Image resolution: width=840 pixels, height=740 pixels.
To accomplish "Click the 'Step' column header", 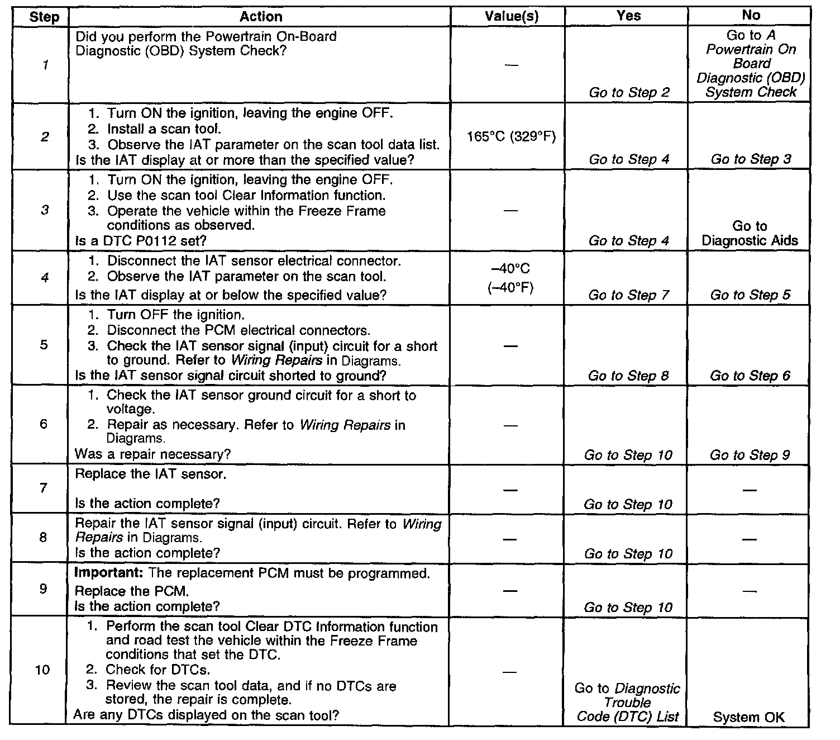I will (44, 17).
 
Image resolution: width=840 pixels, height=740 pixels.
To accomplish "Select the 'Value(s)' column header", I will (511, 17).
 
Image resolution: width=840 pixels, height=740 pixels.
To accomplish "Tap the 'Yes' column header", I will (628, 16).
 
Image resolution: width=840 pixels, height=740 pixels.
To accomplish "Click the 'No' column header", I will (751, 16).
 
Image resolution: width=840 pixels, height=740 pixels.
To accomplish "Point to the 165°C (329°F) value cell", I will (511, 136).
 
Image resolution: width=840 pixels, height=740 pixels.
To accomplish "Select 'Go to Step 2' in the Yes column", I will (629, 92).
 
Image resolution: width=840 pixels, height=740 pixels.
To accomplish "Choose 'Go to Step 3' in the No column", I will (751, 159).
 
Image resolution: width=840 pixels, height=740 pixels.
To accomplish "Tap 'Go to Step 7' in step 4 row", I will (628, 295).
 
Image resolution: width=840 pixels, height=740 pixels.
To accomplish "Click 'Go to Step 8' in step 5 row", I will (628, 376).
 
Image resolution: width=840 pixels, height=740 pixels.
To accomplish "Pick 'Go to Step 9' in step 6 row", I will (750, 455).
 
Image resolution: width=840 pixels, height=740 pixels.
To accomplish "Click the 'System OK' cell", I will (748, 717).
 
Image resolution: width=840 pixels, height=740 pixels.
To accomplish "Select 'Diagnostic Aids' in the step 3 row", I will (750, 241).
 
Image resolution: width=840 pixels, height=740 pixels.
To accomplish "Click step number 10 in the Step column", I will (42, 670).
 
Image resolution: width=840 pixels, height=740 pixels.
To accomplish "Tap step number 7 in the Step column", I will (44, 488).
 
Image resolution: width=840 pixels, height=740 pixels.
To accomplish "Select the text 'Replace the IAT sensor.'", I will (150, 475).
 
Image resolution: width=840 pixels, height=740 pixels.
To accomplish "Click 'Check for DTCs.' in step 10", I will (157, 670).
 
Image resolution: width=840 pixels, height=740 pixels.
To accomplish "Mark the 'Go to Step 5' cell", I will (750, 295).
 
